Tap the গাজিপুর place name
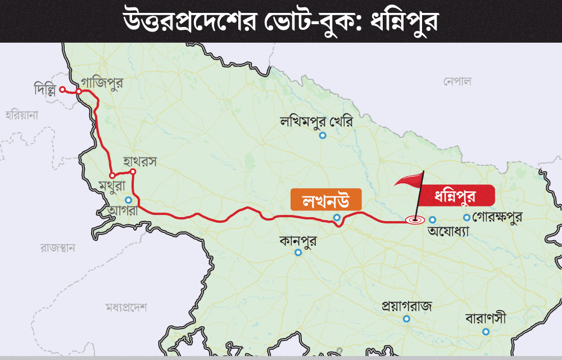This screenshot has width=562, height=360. [x=101, y=82]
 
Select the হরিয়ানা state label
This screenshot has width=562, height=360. [x=21, y=115]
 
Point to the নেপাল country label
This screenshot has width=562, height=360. [x=456, y=82]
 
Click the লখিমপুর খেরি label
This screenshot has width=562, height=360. [x=316, y=120]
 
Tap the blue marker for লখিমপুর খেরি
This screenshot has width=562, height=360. [x=323, y=135]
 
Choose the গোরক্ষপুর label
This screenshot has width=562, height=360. [x=497, y=217]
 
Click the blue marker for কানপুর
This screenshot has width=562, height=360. [x=298, y=253]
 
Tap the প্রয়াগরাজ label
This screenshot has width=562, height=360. [x=406, y=307]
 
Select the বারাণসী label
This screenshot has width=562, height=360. [x=486, y=318]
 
